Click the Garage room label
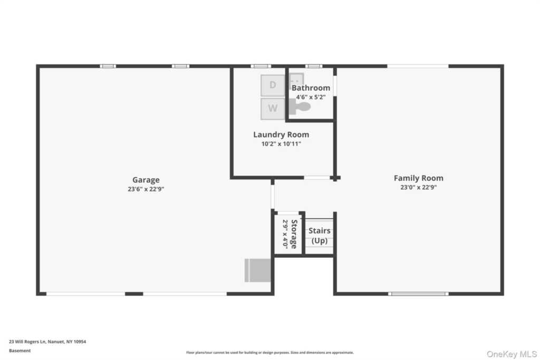coord(146,180)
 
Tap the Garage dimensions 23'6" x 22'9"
coord(146,188)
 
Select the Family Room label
coord(418,178)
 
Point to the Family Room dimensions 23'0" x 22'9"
coord(418,187)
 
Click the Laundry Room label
coord(281,134)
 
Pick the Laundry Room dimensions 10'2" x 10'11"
coord(281,143)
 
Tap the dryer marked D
coord(273,85)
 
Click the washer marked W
coord(273,109)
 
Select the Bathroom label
coord(311,88)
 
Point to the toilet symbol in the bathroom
coord(301,107)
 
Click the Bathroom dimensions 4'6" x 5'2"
coord(311,97)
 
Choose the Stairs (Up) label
coord(320,236)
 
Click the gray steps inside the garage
coord(257,270)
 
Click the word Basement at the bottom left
coord(20,351)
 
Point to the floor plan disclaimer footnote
coord(269,353)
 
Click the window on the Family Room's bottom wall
coord(418,294)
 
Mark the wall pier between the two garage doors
coord(134,294)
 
